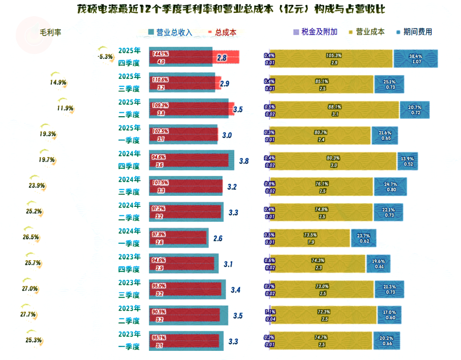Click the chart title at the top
point(230,9)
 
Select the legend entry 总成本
point(225,33)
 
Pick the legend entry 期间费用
point(417,32)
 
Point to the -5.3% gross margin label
point(105,57)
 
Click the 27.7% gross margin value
point(28,314)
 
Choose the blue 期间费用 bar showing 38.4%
point(416,59)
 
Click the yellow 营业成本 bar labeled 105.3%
point(331,59)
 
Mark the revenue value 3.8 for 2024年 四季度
point(244,161)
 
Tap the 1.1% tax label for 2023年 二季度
point(270,312)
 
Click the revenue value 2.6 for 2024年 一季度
point(218,239)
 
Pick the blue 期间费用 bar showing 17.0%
point(390,315)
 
